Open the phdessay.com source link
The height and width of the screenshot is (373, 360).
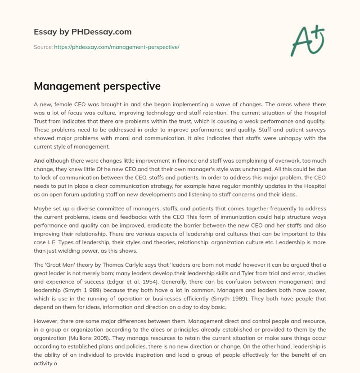pos(117,47)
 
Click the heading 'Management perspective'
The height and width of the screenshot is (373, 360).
pos(97,86)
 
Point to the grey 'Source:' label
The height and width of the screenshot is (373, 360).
pos(43,47)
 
